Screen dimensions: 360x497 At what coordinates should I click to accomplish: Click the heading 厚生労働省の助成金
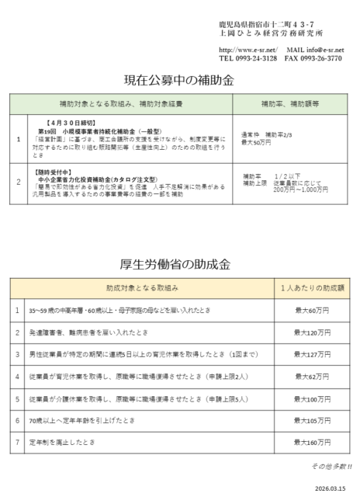[179, 264]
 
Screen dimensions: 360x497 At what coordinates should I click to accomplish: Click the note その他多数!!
[332, 466]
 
